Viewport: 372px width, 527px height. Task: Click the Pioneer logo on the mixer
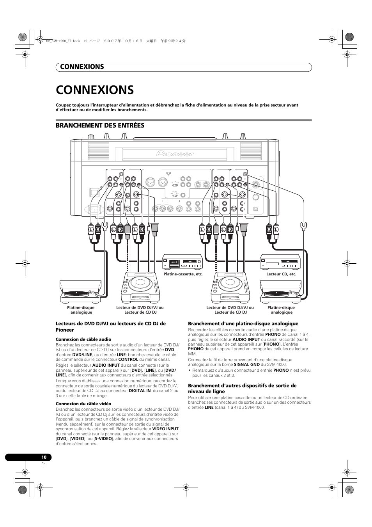click(175, 154)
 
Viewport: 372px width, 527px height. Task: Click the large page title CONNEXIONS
click(95, 90)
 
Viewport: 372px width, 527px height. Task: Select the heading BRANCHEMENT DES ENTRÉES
click(100, 125)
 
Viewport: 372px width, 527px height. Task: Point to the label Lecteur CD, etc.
click(281, 274)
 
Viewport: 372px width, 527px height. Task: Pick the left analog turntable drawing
click(80, 292)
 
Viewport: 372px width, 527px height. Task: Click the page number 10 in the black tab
click(44, 457)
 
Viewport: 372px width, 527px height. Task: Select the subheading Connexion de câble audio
click(83, 339)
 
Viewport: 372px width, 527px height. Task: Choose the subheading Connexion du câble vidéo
click(83, 404)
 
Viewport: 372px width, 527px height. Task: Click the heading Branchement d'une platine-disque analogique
click(243, 324)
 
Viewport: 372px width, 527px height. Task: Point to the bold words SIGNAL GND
click(246, 364)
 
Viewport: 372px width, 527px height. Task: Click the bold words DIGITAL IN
click(140, 390)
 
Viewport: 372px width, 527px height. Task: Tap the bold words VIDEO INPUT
click(165, 429)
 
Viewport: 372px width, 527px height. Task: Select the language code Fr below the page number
click(43, 464)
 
